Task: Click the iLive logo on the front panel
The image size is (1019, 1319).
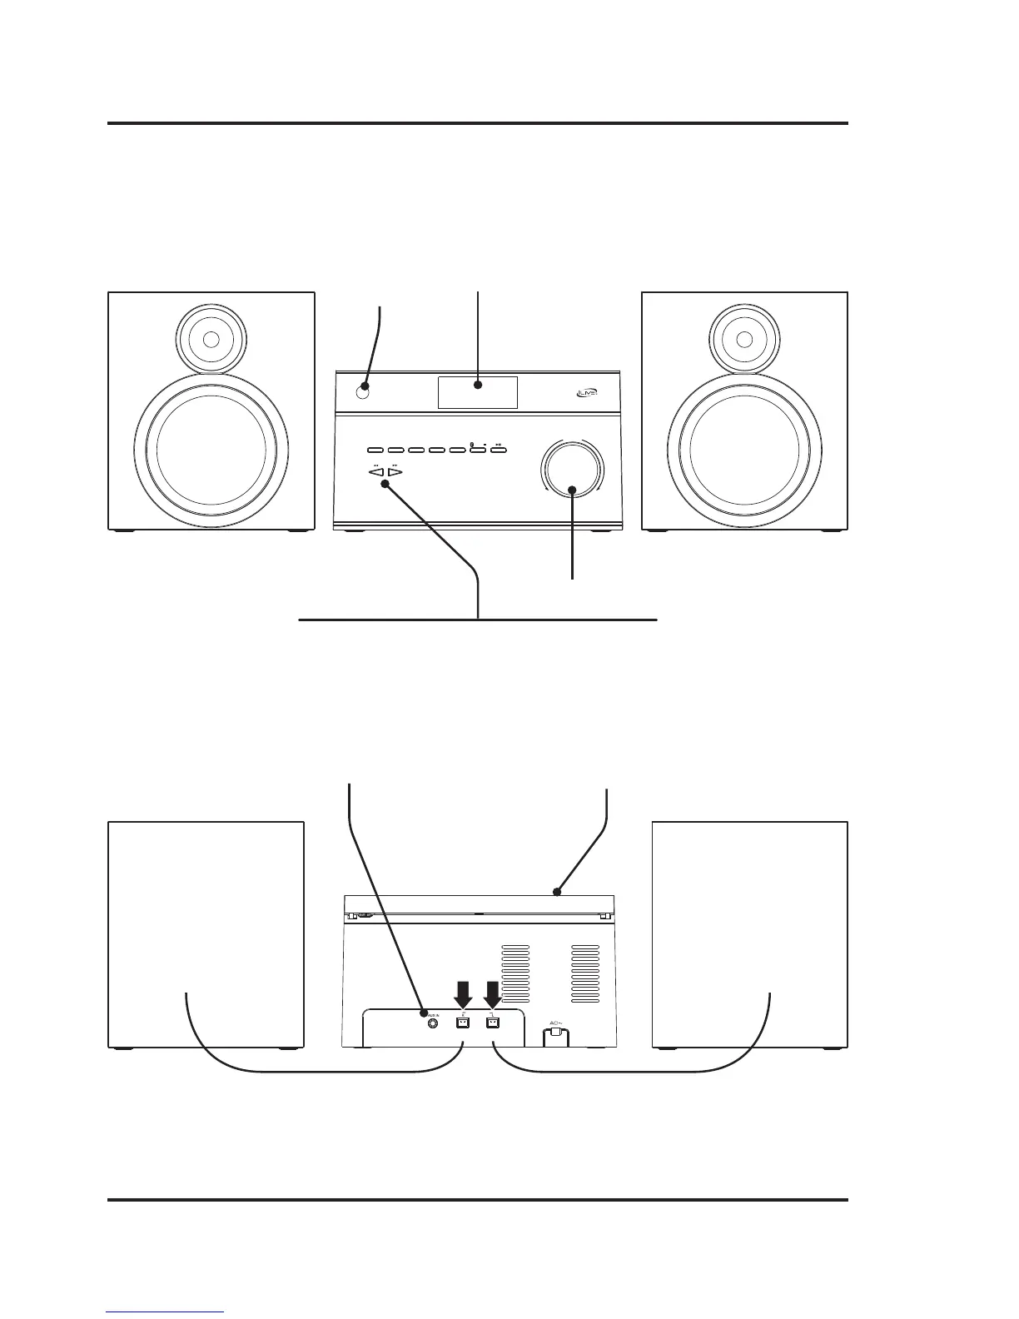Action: point(586,396)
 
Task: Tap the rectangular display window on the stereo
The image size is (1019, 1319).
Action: point(478,392)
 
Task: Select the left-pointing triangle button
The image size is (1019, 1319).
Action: point(377,472)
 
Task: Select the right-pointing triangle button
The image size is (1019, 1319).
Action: point(395,472)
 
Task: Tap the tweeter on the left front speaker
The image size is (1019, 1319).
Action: point(211,340)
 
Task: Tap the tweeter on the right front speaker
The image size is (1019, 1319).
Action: point(745,340)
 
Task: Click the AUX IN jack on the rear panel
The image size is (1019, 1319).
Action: point(432,1023)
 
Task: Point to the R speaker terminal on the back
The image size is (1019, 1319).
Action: point(464,1023)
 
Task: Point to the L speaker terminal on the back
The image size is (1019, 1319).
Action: point(493,1023)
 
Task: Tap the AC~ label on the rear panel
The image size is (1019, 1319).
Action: point(557,1023)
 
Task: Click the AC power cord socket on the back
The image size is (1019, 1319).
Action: point(557,1036)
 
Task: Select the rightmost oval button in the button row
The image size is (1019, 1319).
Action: point(498,451)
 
